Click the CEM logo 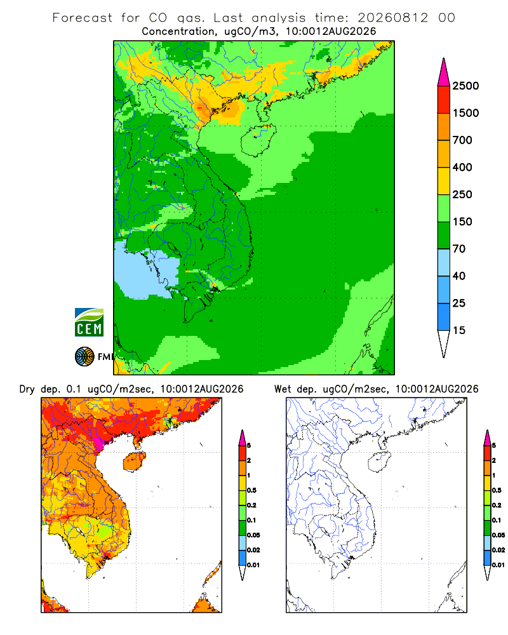(89, 323)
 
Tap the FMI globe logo (84, 357)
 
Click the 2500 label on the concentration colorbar (465, 86)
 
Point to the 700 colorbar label (462, 140)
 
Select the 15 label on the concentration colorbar (459, 330)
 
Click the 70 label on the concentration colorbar (459, 249)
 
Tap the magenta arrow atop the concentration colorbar (444, 72)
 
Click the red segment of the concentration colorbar (444, 100)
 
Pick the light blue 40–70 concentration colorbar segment (444, 262)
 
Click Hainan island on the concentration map (258, 140)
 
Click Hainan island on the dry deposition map (135, 462)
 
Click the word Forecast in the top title (83, 18)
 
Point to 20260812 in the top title (392, 18)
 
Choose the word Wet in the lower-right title (283, 389)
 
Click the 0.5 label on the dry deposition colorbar (251, 490)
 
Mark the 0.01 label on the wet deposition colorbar (498, 565)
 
